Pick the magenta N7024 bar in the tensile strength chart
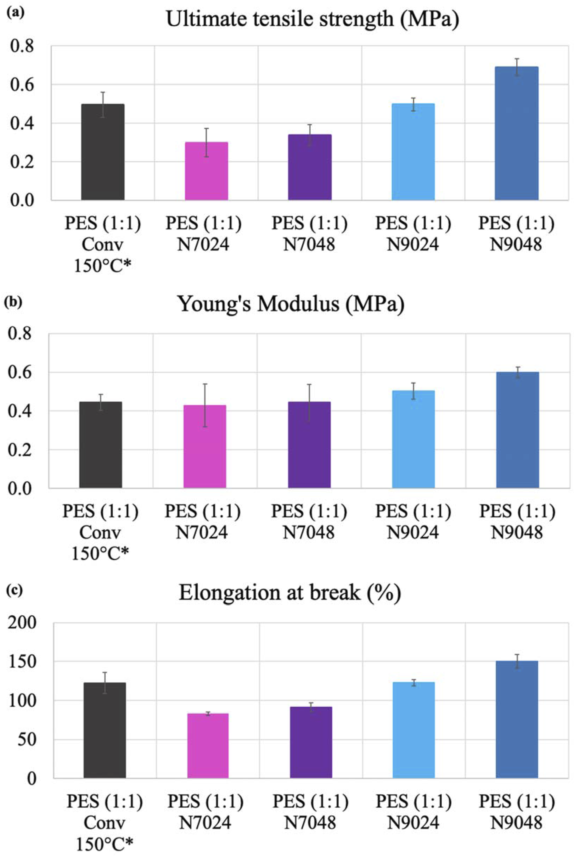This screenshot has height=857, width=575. [x=206, y=171]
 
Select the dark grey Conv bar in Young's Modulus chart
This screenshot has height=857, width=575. [x=101, y=445]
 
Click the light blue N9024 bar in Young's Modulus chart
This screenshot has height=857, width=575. [x=413, y=439]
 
